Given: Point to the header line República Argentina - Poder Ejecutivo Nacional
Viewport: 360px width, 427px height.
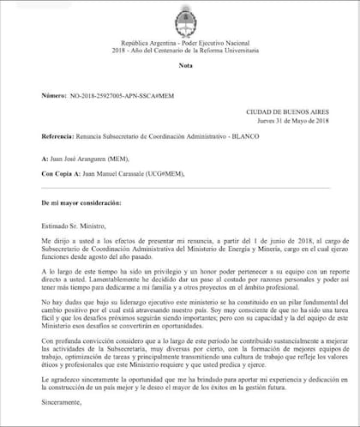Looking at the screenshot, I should tap(180, 40).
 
